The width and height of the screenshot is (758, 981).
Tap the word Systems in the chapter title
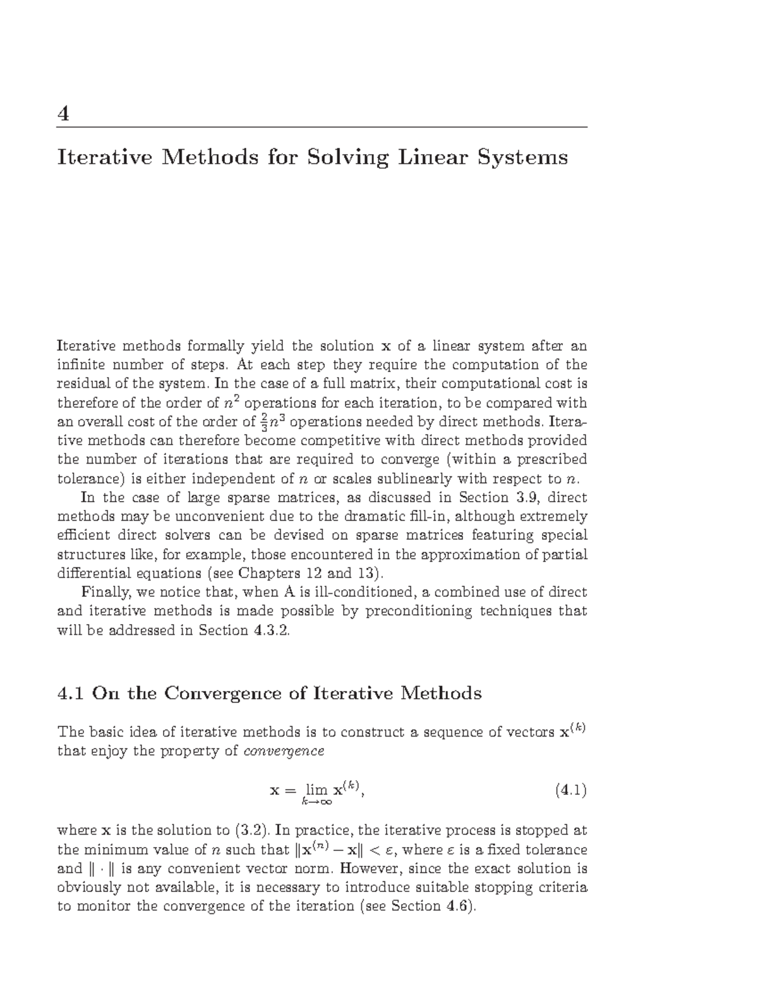tap(522, 157)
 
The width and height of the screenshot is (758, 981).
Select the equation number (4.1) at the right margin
tap(570, 790)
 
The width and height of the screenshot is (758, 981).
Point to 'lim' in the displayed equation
tap(316, 789)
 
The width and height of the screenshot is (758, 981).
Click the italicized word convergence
tap(284, 751)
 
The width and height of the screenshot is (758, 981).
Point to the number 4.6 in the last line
tap(457, 906)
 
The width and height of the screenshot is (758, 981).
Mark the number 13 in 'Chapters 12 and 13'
tap(366, 574)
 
